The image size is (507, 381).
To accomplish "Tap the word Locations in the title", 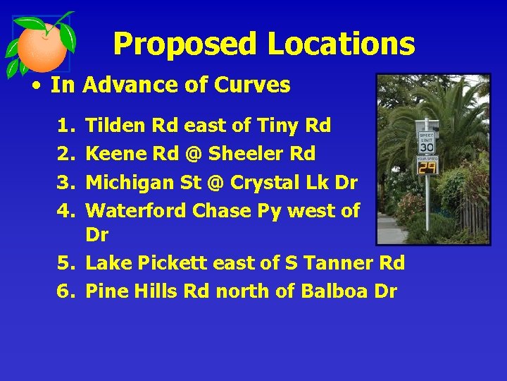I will [341, 44].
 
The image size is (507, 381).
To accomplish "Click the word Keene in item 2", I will [113, 154].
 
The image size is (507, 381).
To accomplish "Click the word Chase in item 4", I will [219, 210].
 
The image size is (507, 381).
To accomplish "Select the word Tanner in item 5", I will [339, 263].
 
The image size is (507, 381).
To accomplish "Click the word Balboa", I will [336, 291].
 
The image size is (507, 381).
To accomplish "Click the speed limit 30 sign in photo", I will [427, 142].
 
